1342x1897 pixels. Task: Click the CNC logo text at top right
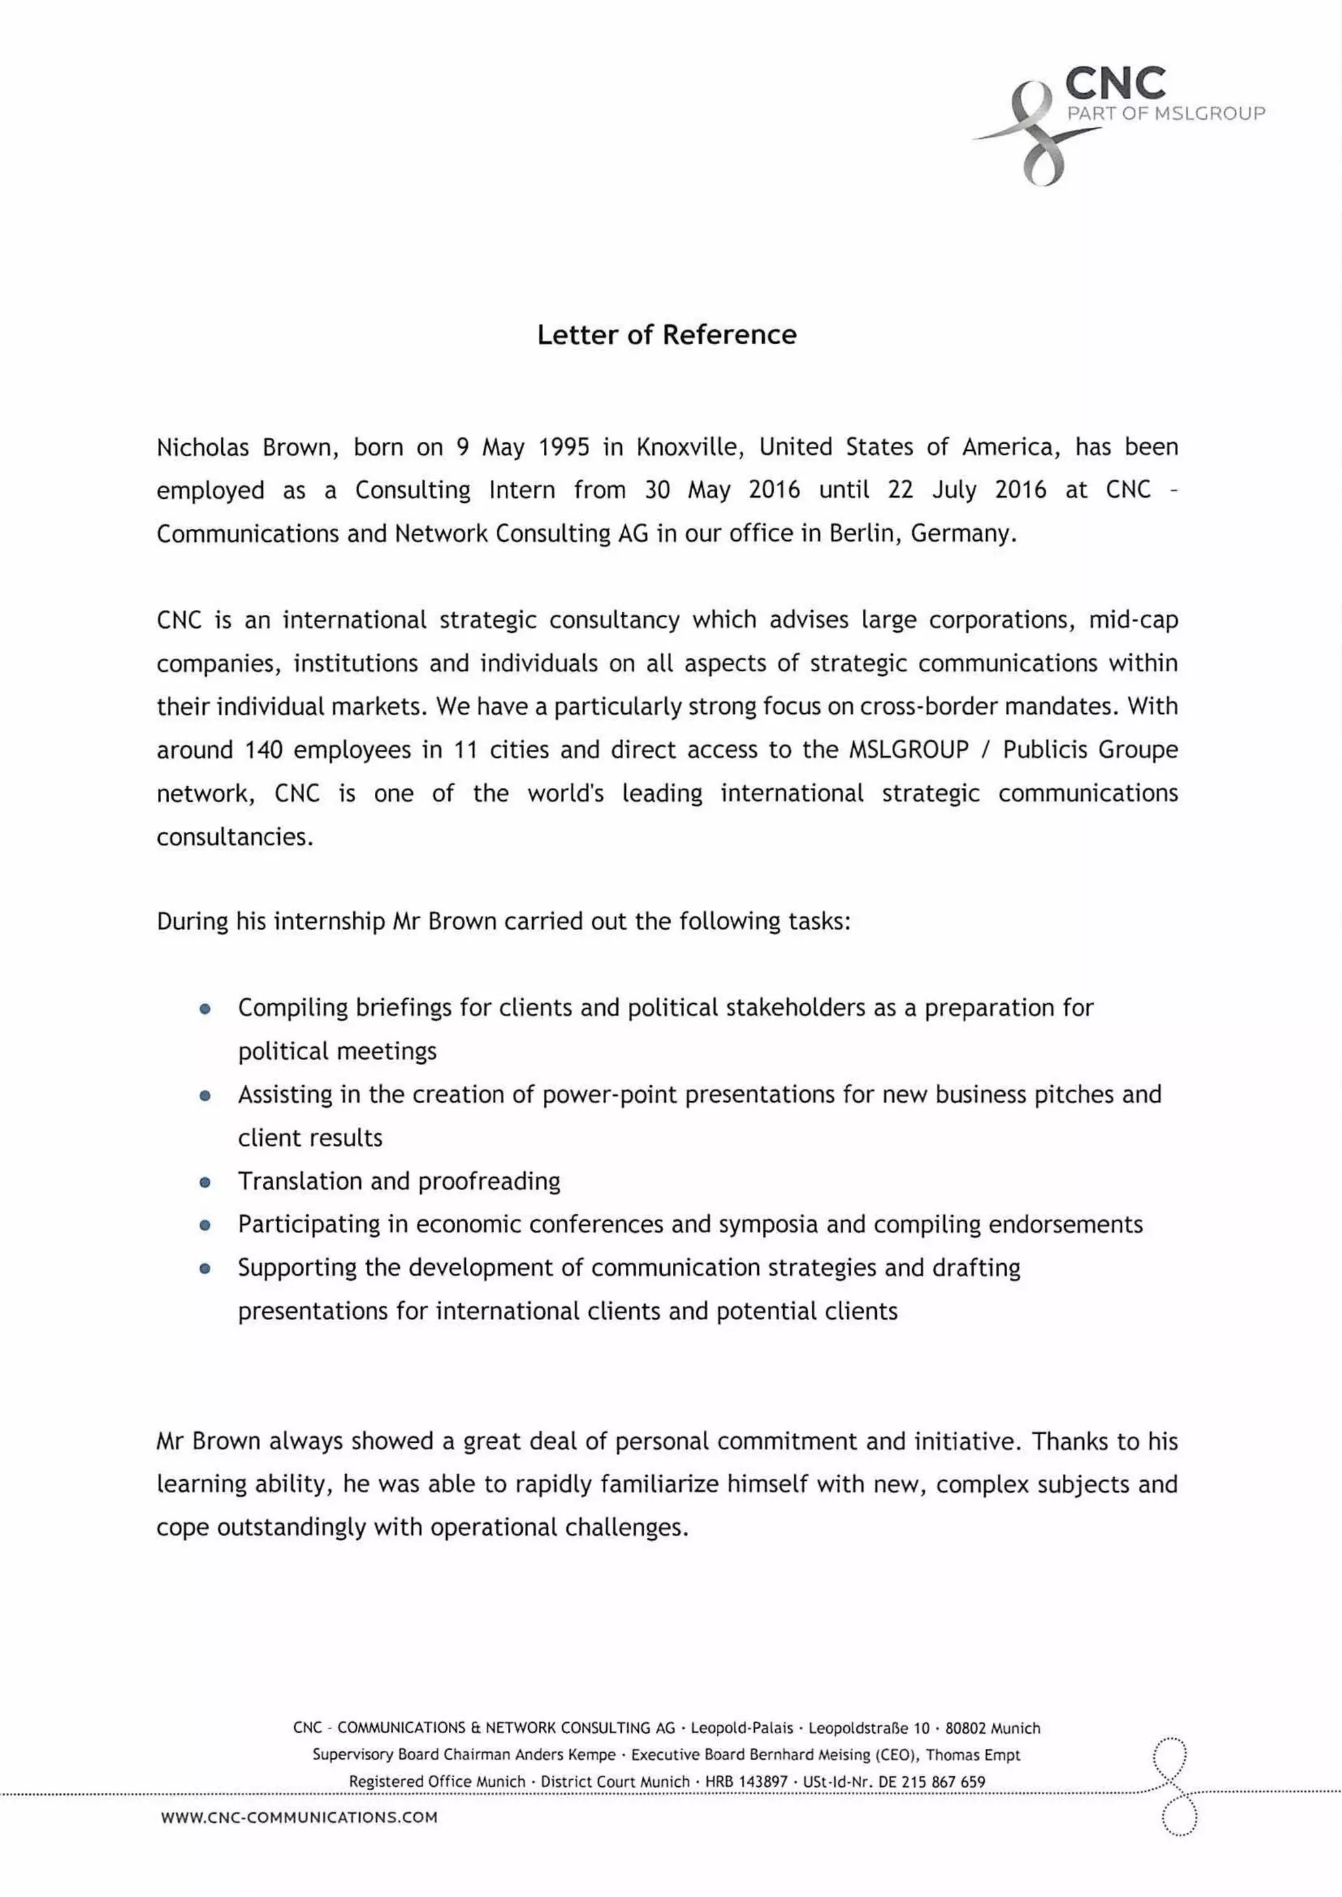(1115, 83)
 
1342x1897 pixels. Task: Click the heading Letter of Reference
(667, 335)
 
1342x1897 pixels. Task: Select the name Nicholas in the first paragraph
(202, 447)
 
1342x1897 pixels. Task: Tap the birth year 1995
(564, 447)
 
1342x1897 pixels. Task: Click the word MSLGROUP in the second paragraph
(908, 750)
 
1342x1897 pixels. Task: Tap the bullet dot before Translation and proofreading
(205, 1182)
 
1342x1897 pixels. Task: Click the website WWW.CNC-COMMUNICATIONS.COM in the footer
(299, 1818)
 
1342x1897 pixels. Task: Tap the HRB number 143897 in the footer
(762, 1781)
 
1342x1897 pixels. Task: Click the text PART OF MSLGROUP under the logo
(1165, 114)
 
